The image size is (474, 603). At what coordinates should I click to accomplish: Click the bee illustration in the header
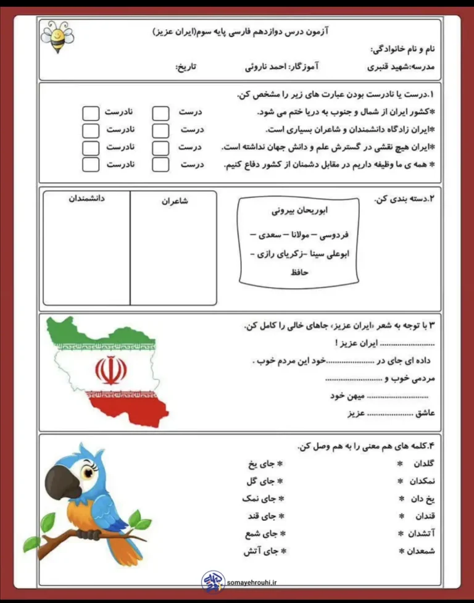(x=57, y=36)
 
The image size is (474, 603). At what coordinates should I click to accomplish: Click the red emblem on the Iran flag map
(x=111, y=370)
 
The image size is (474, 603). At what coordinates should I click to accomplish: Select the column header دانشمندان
(x=86, y=200)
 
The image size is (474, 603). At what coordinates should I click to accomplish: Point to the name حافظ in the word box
(x=298, y=272)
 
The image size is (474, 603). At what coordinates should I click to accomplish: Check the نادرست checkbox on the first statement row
(x=91, y=113)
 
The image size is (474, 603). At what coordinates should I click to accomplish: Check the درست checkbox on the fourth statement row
(x=160, y=165)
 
